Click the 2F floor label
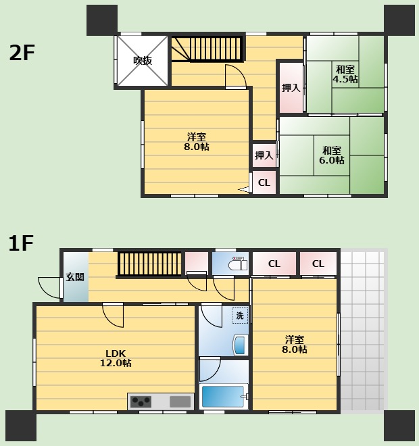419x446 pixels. (22, 53)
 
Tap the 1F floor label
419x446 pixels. (21, 243)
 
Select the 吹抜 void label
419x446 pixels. (143, 60)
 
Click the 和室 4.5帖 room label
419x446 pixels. (345, 74)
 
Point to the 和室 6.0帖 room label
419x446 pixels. (332, 155)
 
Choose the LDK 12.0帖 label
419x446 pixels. (116, 358)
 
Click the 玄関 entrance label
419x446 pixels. (75, 277)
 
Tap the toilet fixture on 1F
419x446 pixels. (238, 264)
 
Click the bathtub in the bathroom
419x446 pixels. (224, 396)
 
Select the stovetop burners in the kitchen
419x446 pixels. (141, 401)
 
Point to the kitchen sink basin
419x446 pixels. (180, 401)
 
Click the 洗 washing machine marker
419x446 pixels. (240, 316)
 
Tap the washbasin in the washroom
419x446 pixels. (240, 345)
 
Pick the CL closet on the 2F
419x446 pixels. (264, 182)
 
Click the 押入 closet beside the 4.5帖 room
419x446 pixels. (291, 88)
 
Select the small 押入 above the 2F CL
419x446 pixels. (264, 155)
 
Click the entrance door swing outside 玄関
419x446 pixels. (50, 288)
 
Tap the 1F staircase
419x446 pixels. (149, 264)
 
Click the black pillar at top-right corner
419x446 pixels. (399, 20)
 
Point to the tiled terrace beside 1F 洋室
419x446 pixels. (362, 330)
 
